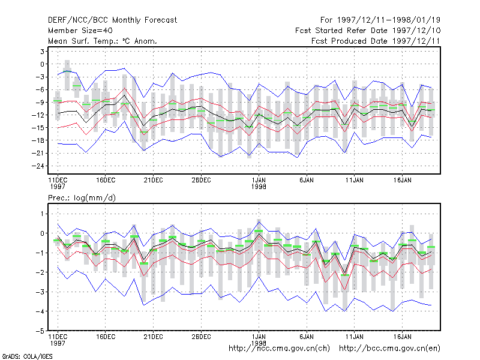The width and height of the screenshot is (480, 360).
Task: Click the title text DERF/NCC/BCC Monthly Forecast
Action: pos(112,20)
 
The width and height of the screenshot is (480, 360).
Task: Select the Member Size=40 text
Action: pos(80,31)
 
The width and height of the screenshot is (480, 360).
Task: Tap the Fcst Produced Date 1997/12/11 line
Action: pos(376,41)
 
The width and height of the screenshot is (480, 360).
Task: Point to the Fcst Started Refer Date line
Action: pos(368,31)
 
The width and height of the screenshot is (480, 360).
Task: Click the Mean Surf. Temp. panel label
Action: pos(102,41)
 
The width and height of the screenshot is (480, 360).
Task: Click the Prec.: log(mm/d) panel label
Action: pos(82,198)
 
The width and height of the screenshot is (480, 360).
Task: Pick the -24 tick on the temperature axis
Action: pos(38,166)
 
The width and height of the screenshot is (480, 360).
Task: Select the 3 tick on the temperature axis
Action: pos(42,52)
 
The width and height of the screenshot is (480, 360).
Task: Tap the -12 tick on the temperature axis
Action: pos(38,115)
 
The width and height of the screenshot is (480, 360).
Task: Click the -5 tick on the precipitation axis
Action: pos(40,331)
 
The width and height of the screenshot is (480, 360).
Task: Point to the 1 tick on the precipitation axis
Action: pos(42,214)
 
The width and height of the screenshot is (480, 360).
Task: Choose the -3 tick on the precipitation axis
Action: pos(40,292)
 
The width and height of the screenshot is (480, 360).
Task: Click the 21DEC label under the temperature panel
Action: pos(154,181)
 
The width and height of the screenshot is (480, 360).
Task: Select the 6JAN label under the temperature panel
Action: pos(307,181)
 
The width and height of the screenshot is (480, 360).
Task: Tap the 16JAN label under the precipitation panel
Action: pos(402,337)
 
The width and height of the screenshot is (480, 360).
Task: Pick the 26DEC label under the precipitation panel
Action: pos(201,337)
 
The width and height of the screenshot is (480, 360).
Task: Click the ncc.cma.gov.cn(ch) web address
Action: pos(279,349)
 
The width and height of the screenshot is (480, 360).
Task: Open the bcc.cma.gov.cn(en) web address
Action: pos(389,349)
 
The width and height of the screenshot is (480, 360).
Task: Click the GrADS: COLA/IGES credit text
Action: pos(28,356)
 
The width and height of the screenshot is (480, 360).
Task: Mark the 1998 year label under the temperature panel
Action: pos(259,187)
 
